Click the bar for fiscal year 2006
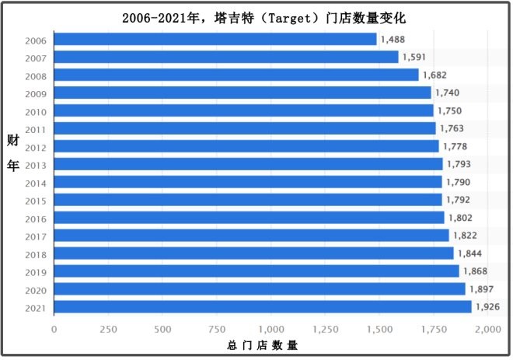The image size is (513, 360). click(x=216, y=39)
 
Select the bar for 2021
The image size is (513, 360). click(x=263, y=306)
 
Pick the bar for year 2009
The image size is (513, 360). click(x=243, y=93)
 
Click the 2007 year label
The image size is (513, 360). click(x=36, y=58)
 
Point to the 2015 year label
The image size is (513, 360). click(x=36, y=201)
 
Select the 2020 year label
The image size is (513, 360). click(x=36, y=289)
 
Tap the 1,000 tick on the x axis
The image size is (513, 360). click(x=271, y=330)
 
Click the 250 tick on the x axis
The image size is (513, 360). click(x=108, y=330)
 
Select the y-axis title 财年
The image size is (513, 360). click(x=12, y=153)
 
